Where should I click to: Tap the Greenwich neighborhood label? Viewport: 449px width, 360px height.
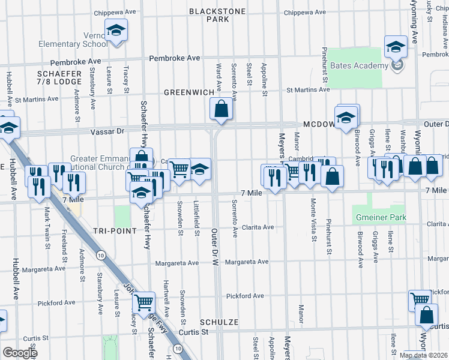point(190,92)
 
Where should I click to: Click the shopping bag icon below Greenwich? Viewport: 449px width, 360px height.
point(221,109)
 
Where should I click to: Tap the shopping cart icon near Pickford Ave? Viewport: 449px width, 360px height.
point(143,302)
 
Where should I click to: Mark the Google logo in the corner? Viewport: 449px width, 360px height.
point(19,353)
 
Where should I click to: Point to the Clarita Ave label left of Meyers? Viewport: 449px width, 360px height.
point(258,227)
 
